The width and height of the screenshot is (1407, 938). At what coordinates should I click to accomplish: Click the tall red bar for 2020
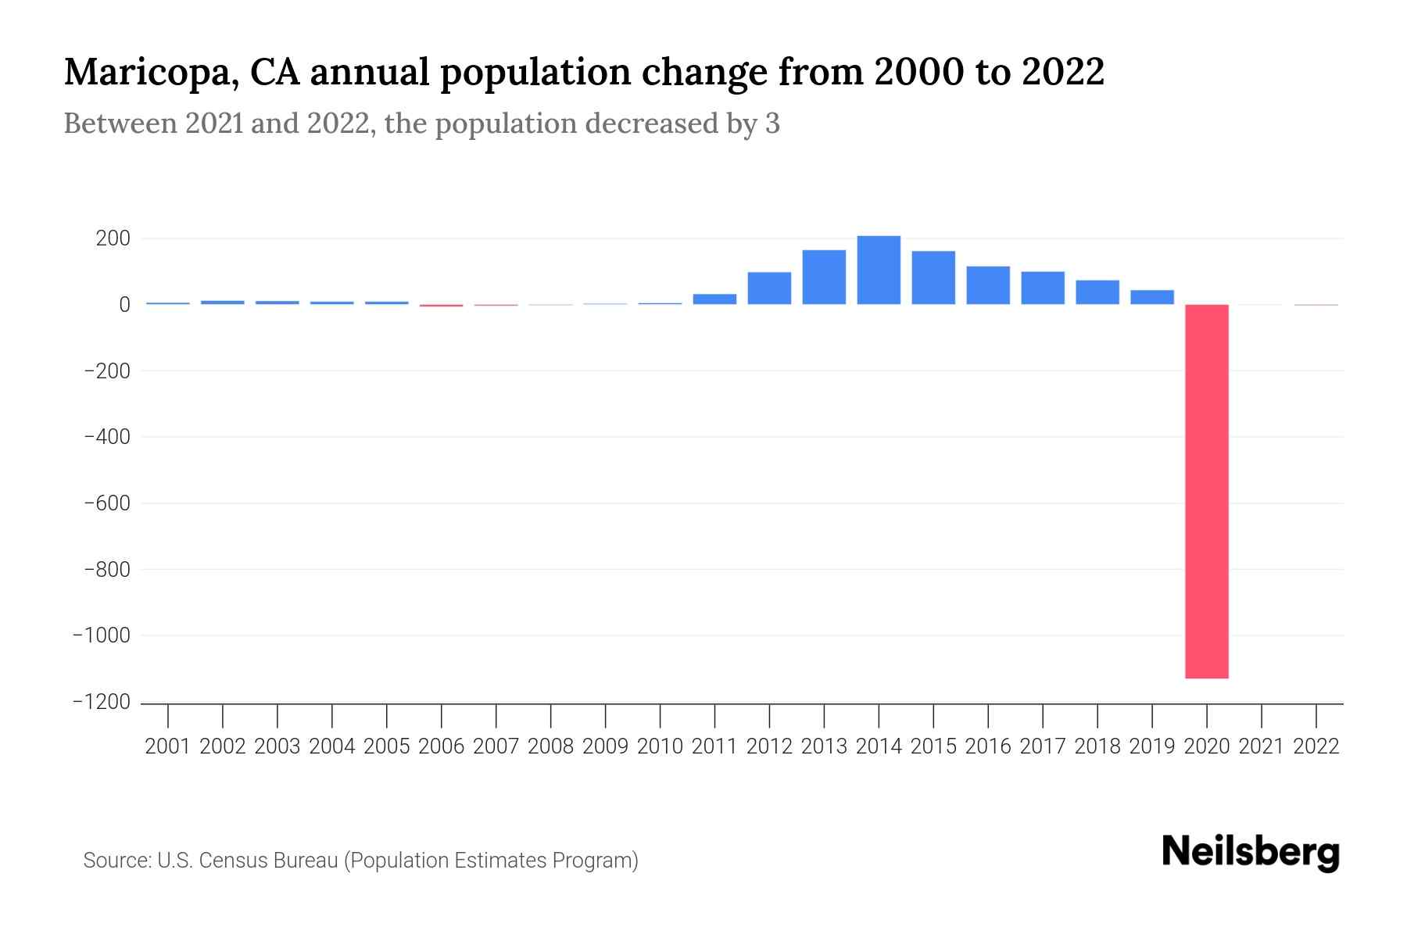click(x=1207, y=491)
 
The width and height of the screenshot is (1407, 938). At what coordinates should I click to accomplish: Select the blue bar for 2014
click(x=879, y=270)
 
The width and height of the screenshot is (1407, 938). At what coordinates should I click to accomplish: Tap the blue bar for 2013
click(x=824, y=277)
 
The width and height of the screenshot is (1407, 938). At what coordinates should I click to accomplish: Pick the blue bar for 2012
click(x=769, y=288)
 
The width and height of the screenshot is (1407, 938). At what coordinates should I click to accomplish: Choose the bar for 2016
click(x=988, y=285)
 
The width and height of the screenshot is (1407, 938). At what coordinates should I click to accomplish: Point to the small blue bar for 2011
click(x=714, y=299)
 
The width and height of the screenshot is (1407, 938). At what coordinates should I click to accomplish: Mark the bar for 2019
click(x=1152, y=297)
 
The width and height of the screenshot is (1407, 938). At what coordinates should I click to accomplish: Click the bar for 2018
click(x=1097, y=292)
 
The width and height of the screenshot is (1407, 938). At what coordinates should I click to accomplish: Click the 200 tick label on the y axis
click(x=113, y=238)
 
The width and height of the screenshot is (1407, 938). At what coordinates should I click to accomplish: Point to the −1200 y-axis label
click(x=102, y=702)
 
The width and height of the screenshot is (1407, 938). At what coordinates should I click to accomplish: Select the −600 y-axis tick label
click(x=107, y=503)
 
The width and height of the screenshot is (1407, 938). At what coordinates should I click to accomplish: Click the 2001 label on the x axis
click(x=168, y=746)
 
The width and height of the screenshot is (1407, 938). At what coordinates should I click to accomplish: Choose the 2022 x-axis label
click(x=1316, y=746)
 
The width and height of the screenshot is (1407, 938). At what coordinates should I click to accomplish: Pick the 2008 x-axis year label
click(x=551, y=746)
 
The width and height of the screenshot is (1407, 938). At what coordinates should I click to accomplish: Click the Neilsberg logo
click(x=1251, y=852)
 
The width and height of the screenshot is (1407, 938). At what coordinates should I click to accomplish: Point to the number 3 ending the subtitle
click(x=772, y=124)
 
